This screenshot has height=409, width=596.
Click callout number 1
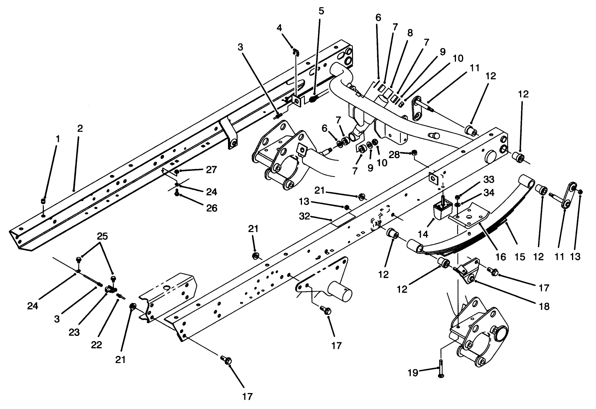tap(58, 139)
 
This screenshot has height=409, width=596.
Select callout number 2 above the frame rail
tap(80, 128)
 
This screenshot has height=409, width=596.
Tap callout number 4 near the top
tap(279, 28)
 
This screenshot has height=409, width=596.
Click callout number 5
tap(322, 11)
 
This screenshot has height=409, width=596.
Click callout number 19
tap(413, 373)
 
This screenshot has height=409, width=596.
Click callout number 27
tap(212, 170)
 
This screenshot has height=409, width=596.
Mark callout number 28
tap(394, 155)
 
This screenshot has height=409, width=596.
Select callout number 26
tap(212, 208)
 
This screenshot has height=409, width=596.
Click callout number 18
tap(544, 306)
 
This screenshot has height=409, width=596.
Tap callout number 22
tap(96, 345)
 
